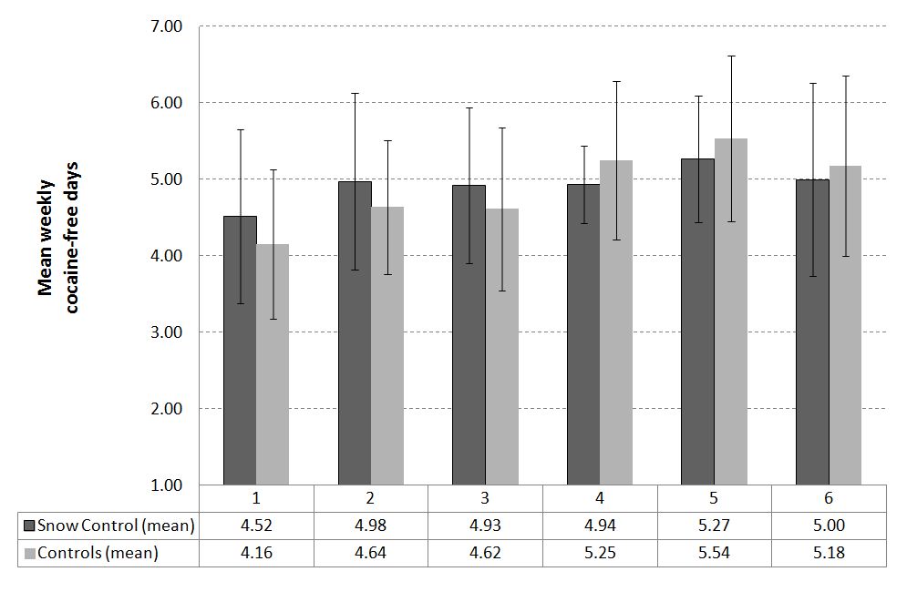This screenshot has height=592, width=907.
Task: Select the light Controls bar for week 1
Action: click(273, 364)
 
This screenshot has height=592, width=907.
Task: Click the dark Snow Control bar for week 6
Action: click(812, 332)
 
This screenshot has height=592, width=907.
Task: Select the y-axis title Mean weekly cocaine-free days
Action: click(58, 237)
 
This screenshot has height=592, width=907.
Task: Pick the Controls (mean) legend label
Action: click(98, 553)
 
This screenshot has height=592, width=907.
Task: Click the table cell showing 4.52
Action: click(256, 526)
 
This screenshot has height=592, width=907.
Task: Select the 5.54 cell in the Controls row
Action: click(715, 553)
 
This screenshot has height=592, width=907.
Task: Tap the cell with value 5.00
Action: click(829, 526)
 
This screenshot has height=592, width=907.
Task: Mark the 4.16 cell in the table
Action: click(256, 553)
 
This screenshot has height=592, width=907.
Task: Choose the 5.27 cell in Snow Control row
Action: click(715, 526)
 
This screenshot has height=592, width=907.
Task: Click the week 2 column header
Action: click(371, 499)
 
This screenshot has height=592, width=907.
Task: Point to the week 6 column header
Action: click(829, 499)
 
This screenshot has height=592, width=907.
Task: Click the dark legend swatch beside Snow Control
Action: click(28, 526)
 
